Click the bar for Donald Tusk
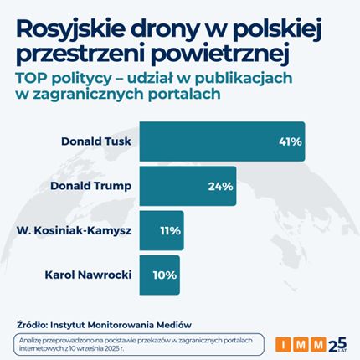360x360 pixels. tap(222, 141)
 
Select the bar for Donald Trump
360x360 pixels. tap(188, 186)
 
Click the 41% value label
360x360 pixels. tap(290, 141)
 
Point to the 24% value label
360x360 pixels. tap(220, 186)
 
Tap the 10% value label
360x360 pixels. tap(166, 274)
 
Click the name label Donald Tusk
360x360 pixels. tap(96, 141)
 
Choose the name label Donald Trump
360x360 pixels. tap(91, 186)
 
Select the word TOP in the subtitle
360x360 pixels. tap(30, 76)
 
